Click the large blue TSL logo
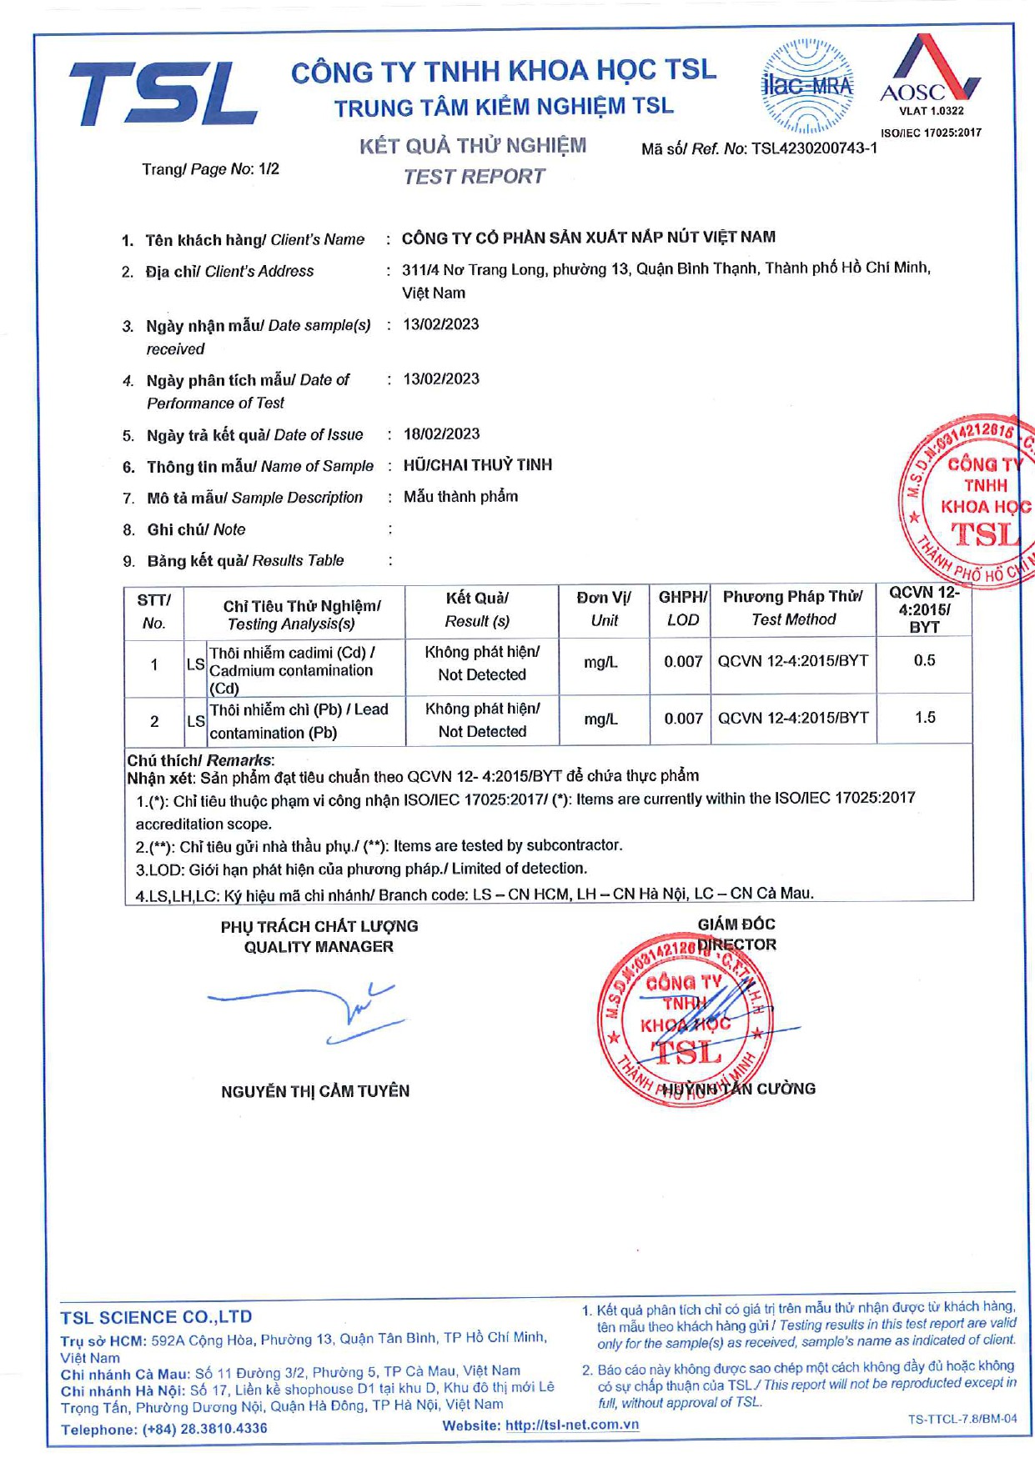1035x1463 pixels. (x=163, y=93)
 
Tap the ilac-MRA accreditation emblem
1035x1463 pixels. (x=806, y=86)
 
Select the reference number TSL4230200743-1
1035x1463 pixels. (x=814, y=148)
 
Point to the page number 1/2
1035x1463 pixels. (x=269, y=169)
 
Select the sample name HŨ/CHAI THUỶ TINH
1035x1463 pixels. (x=477, y=465)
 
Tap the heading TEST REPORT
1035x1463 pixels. (x=474, y=177)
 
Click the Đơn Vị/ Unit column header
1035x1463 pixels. (x=604, y=609)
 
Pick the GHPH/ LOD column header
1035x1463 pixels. (x=682, y=609)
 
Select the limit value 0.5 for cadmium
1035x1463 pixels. (x=924, y=660)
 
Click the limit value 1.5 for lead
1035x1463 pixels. (x=924, y=718)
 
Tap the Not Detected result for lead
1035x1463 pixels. (x=482, y=731)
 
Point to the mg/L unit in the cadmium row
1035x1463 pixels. (x=600, y=662)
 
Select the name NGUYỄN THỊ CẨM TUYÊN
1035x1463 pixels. (x=315, y=1091)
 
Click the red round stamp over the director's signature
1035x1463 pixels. (x=684, y=1019)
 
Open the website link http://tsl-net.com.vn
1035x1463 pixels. (x=572, y=1425)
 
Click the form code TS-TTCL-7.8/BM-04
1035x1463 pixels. (x=962, y=1419)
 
